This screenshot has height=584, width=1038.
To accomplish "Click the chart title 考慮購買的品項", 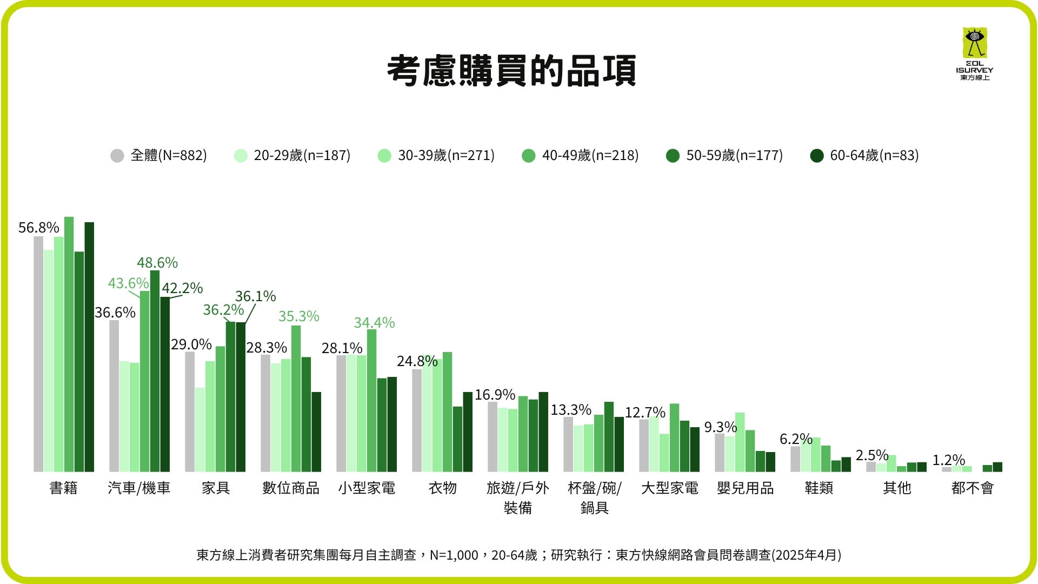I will (511, 71).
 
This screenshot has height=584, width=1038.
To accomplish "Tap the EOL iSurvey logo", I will (974, 54).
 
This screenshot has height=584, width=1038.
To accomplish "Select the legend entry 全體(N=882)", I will (158, 156).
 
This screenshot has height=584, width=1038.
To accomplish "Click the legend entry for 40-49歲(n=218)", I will (580, 156).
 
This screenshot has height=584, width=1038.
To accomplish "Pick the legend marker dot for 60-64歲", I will (816, 156).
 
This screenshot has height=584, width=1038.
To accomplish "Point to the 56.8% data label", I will (38, 228).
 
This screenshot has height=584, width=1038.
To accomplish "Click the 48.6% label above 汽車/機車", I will (157, 263).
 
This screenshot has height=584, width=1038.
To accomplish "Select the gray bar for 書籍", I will (38, 354).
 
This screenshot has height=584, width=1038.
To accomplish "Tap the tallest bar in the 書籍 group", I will (69, 344).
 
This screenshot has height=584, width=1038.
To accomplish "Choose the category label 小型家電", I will (367, 488).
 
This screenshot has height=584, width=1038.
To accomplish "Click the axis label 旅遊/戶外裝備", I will (517, 497).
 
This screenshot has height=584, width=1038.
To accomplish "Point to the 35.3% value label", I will (298, 316).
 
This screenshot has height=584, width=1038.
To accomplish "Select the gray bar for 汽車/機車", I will (114, 396).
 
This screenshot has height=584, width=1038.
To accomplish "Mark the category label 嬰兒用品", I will (745, 488).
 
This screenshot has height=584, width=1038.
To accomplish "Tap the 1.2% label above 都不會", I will (948, 460).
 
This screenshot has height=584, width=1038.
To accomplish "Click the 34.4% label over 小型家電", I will (374, 323).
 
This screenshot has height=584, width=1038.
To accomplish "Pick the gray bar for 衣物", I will (417, 420).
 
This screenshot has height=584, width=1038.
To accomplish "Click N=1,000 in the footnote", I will (454, 555).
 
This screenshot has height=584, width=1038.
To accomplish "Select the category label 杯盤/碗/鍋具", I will (594, 497).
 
